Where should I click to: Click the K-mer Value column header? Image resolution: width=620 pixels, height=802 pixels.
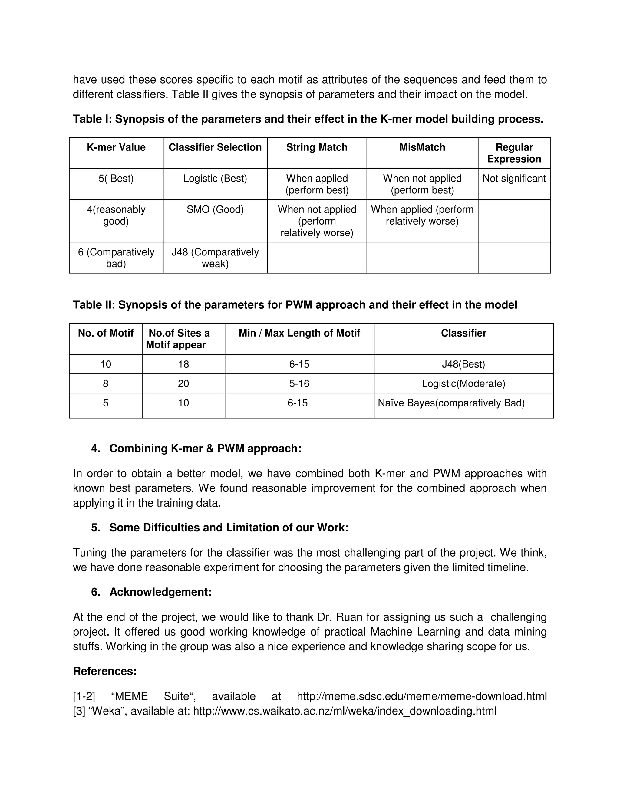click(116, 147)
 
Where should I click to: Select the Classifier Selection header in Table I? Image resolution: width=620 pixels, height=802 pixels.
click(215, 147)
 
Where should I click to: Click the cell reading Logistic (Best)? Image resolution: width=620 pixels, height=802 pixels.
click(215, 179)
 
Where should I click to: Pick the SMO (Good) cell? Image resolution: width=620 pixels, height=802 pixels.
click(215, 209)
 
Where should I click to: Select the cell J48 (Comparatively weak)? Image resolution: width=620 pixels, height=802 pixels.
click(215, 258)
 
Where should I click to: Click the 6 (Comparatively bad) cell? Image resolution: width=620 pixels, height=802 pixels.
click(116, 258)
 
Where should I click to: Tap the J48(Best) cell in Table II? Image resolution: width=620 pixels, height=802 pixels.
click(463, 364)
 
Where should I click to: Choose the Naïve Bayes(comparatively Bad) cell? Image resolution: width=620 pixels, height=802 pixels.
click(451, 403)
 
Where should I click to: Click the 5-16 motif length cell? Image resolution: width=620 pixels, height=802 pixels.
click(299, 384)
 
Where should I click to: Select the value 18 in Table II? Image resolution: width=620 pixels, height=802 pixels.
click(183, 364)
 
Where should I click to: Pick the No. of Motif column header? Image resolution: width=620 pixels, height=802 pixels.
click(105, 333)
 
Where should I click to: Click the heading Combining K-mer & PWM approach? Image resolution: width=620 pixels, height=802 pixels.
click(205, 449)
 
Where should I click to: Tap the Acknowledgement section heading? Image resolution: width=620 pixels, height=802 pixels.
click(160, 592)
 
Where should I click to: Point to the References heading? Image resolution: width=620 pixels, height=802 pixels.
click(105, 671)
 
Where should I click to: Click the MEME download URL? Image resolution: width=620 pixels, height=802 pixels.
click(421, 696)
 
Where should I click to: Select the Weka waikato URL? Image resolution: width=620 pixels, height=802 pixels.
click(345, 711)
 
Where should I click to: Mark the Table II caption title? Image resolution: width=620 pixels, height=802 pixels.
click(295, 305)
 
